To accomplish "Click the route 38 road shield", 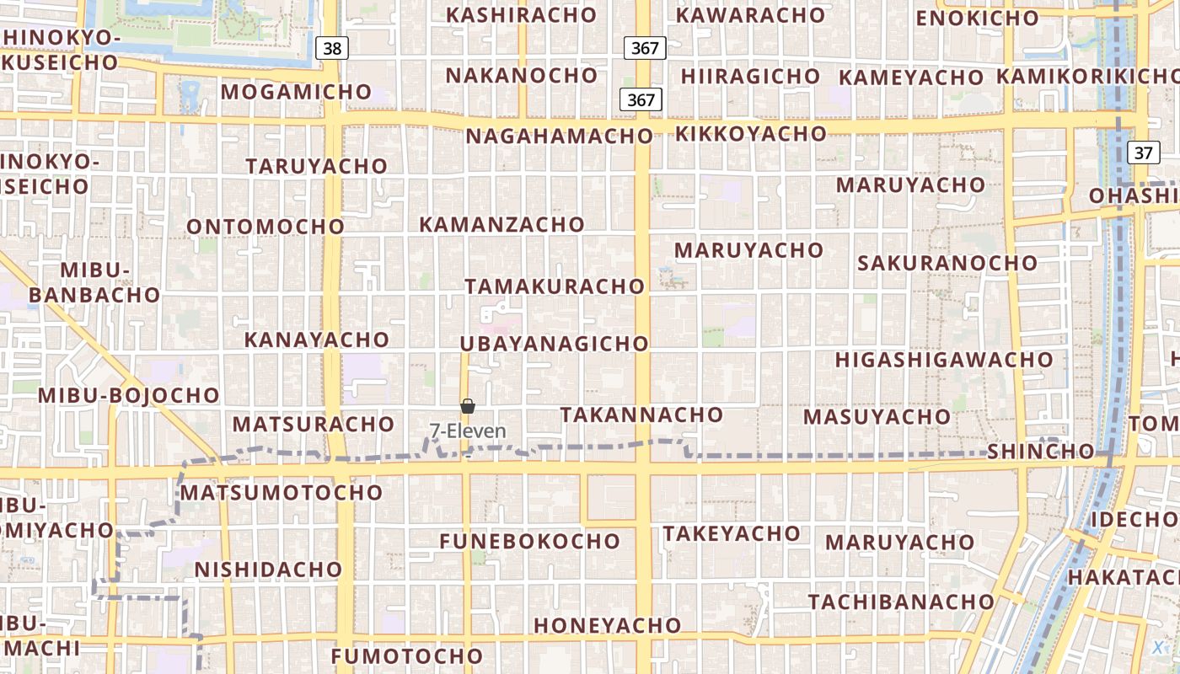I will (x=332, y=48).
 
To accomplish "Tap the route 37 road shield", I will (x=1143, y=152).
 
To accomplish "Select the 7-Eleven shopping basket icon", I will (x=468, y=407).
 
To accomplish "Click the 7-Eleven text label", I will (x=468, y=431).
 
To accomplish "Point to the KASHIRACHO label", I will (x=521, y=15).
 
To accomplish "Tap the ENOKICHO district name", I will (x=977, y=18).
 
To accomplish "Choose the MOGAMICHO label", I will (x=296, y=92).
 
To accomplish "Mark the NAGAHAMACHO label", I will (x=559, y=136).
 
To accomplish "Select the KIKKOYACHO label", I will (x=750, y=134).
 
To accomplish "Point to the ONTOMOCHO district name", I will (x=265, y=227).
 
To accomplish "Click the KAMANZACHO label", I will (x=501, y=225).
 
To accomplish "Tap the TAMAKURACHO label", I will (x=554, y=286).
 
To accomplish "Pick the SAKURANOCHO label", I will (x=947, y=263).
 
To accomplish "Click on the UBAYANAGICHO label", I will (x=554, y=344).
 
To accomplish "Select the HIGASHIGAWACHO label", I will (x=944, y=360).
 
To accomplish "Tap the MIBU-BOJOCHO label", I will (x=128, y=395).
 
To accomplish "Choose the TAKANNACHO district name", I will (x=641, y=415).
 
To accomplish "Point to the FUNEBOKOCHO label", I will (x=529, y=541).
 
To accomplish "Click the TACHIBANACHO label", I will (x=901, y=602).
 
